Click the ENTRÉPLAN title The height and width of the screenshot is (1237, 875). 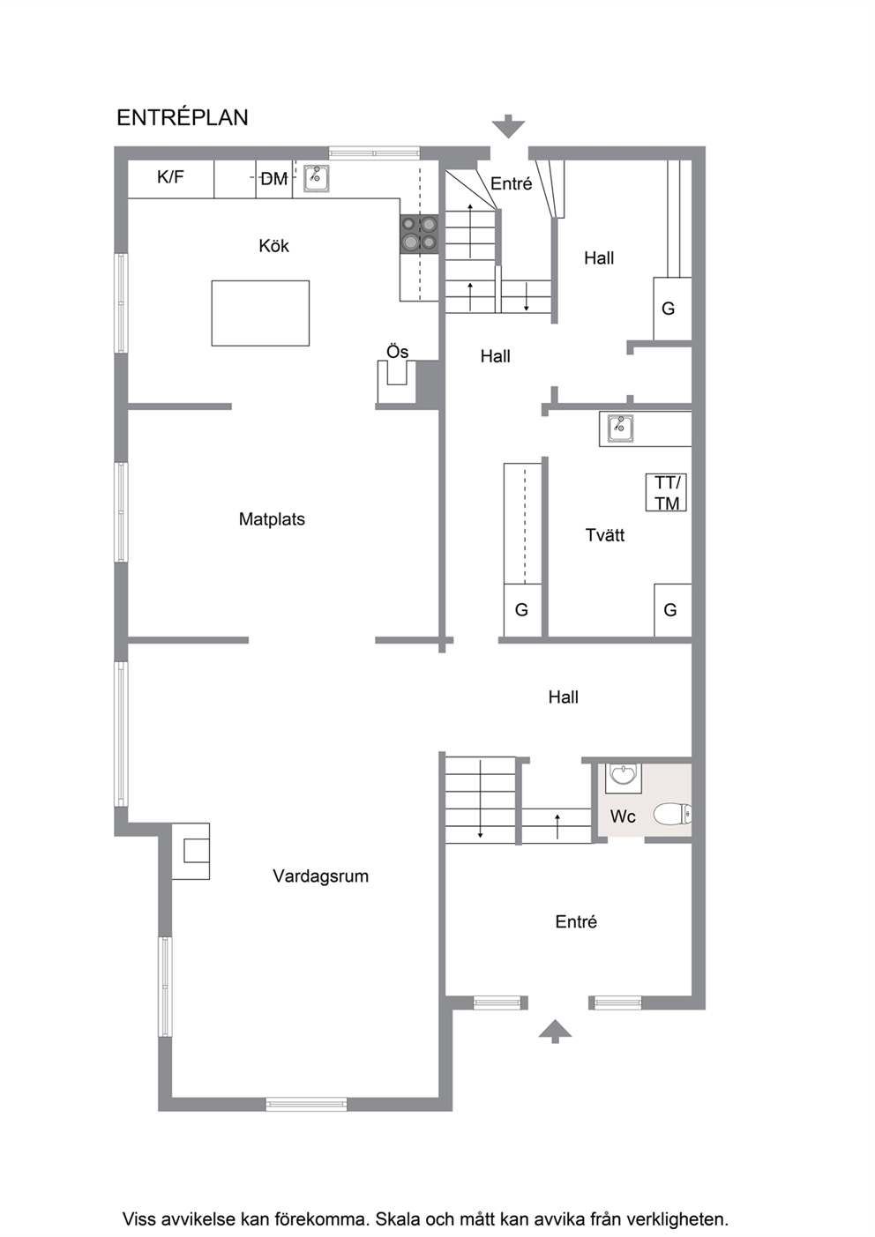(183, 117)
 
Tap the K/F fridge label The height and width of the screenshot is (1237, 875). (170, 177)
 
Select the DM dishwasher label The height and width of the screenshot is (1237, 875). (274, 179)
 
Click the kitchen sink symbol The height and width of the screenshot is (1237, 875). (317, 178)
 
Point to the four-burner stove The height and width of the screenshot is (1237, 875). (419, 235)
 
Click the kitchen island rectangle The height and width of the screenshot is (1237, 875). (260, 313)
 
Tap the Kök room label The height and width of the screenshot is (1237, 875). (274, 246)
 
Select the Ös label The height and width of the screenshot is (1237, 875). (397, 352)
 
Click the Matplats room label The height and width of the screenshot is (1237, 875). (272, 519)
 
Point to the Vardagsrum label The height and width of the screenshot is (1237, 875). (320, 876)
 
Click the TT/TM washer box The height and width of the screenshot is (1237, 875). (666, 492)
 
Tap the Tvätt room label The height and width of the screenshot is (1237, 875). (605, 535)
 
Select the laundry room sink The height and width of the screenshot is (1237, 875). (620, 428)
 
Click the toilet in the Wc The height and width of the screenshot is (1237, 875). (672, 814)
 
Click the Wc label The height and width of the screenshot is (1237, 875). (623, 816)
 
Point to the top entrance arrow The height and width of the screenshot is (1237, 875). (508, 126)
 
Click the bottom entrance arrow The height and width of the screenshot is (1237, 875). (555, 1031)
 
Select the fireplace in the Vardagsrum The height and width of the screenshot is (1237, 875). (191, 851)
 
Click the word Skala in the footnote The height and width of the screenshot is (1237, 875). (394, 1218)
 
